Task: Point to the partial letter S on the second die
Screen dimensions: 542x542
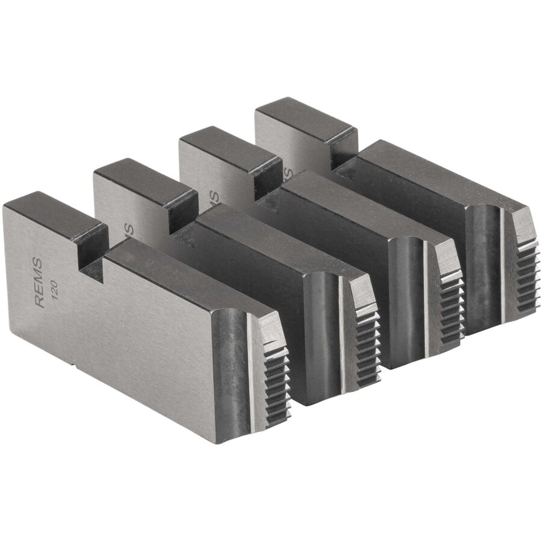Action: point(128,229)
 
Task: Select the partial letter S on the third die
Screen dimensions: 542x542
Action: point(211,196)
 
